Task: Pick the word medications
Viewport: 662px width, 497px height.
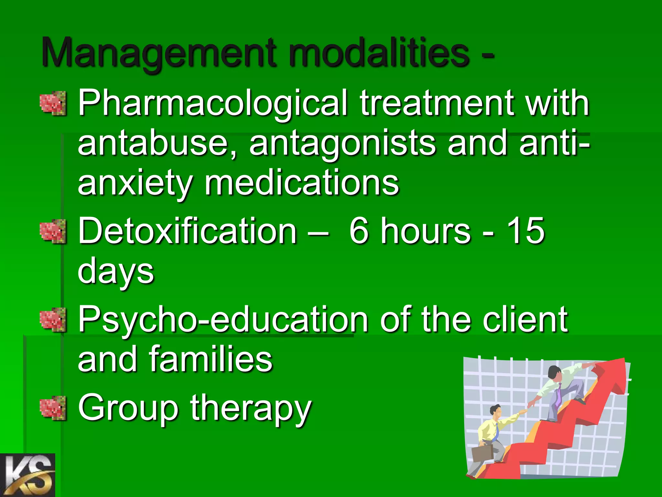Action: point(302,183)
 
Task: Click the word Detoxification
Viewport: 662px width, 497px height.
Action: point(187,230)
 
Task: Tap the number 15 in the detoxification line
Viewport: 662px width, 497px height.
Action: point(525,230)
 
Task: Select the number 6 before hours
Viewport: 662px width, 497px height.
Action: point(359,230)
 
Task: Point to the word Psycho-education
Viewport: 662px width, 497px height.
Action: point(223,320)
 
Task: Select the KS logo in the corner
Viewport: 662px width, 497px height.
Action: point(27,475)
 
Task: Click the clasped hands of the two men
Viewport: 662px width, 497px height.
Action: point(524,410)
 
